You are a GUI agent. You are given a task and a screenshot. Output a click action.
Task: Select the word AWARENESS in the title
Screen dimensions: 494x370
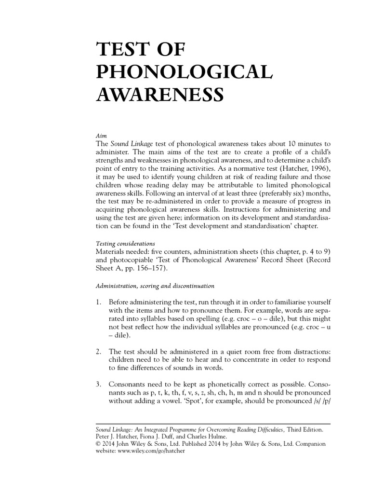tap(160, 94)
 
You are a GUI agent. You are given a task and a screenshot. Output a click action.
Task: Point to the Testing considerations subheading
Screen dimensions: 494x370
tap(127, 244)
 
